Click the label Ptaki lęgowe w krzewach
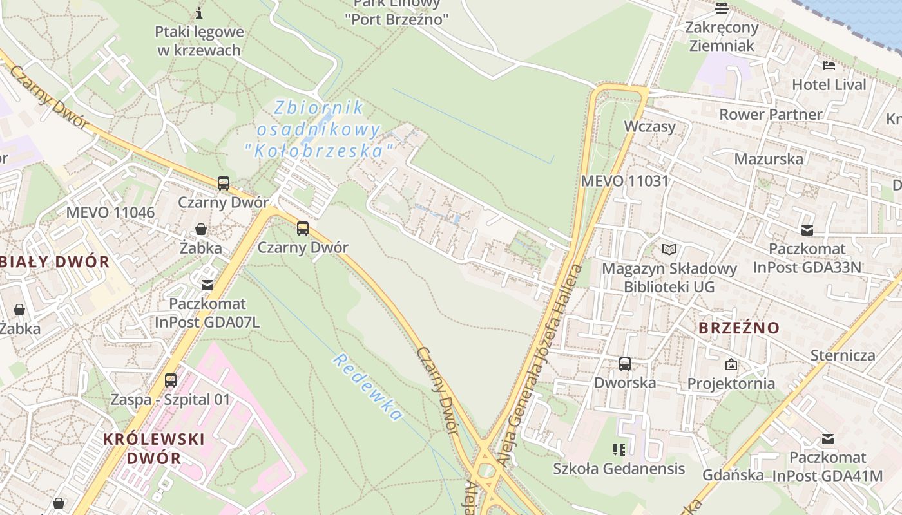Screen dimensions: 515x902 click(199, 41)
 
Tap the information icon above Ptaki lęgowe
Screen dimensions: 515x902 click(199, 13)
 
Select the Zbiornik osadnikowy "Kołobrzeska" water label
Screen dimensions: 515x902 click(319, 129)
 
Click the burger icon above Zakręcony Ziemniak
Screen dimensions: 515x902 click(721, 8)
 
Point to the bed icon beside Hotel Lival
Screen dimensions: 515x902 click(829, 66)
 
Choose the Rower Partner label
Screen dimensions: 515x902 click(771, 115)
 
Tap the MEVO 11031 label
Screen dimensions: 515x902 click(625, 181)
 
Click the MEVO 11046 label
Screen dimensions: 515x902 click(110, 212)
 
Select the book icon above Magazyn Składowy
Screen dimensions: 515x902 click(669, 249)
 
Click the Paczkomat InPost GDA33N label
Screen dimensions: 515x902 click(807, 257)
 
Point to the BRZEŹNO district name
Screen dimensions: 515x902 click(739, 328)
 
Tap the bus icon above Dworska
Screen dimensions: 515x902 click(624, 364)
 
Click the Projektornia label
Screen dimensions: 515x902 click(731, 384)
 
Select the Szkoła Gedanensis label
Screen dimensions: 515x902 click(619, 469)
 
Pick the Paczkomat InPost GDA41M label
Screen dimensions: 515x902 click(827, 467)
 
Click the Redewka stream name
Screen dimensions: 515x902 click(367, 388)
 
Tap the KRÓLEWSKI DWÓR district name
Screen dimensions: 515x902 click(154, 449)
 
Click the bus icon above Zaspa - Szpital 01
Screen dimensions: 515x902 click(170, 380)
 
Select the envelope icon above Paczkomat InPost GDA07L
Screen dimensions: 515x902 click(207, 285)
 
